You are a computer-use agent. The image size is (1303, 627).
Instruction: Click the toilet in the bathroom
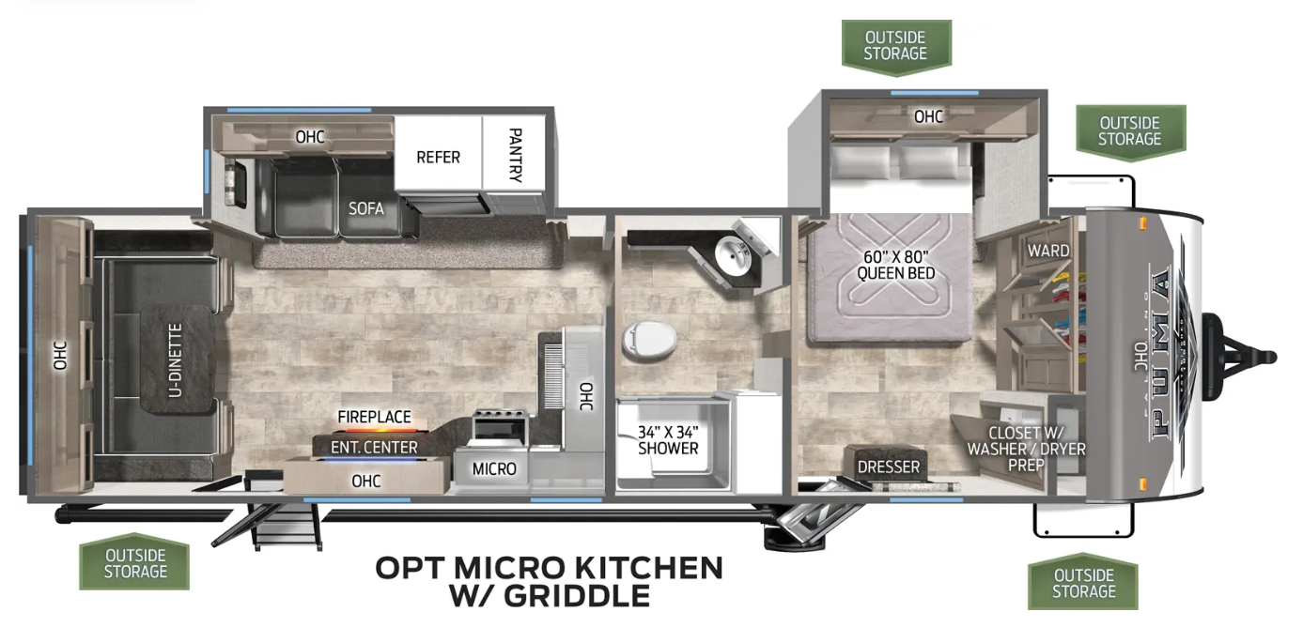point(649,340)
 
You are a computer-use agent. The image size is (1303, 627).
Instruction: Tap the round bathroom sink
point(733,257)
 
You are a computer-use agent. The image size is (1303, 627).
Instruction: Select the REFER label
point(438,157)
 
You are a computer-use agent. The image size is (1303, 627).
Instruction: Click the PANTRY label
point(516,155)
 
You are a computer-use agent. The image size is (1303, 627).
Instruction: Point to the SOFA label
point(365,208)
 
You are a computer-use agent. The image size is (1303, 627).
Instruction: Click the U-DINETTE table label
point(175,360)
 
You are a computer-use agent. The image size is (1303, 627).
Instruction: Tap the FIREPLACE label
point(374,417)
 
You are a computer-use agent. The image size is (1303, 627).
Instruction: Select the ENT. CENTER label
point(374,447)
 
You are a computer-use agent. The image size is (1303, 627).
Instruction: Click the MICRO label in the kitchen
point(494,468)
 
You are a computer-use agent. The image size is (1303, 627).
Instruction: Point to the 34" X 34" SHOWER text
point(668,440)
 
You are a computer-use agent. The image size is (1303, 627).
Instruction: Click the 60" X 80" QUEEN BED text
point(896,265)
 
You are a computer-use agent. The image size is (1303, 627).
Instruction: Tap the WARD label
point(1048,251)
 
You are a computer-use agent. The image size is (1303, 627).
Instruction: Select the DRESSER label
point(889,466)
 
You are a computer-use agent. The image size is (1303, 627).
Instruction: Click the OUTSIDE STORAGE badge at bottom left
point(135,562)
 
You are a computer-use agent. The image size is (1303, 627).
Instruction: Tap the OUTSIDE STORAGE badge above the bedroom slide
point(896,47)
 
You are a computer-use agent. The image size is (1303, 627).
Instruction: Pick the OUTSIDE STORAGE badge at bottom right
point(1083,582)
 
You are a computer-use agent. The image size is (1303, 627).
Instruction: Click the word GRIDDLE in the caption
point(577,596)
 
